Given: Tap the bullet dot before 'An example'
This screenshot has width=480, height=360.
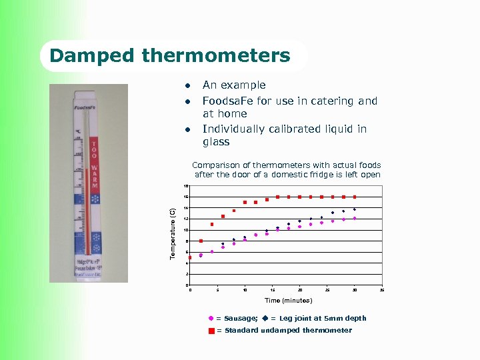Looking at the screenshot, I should tap(189, 85).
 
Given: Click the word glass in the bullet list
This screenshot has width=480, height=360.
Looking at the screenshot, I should tap(216, 142).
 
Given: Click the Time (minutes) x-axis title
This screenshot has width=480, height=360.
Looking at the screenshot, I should tap(288, 301).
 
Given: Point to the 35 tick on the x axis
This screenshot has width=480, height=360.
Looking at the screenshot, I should tap(382, 290).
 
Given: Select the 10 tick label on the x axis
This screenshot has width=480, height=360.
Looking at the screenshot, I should tap(245, 290).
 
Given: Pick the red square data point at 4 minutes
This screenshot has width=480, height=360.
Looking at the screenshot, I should tap(212, 224).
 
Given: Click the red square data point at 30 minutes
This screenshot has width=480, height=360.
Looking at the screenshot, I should tap(355, 197).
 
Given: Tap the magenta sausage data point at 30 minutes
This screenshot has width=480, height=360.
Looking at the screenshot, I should tap(355, 218).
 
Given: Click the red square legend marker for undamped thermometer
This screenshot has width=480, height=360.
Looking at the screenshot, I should tap(211, 331).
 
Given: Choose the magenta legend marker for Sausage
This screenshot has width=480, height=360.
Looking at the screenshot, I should tap(211, 319).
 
